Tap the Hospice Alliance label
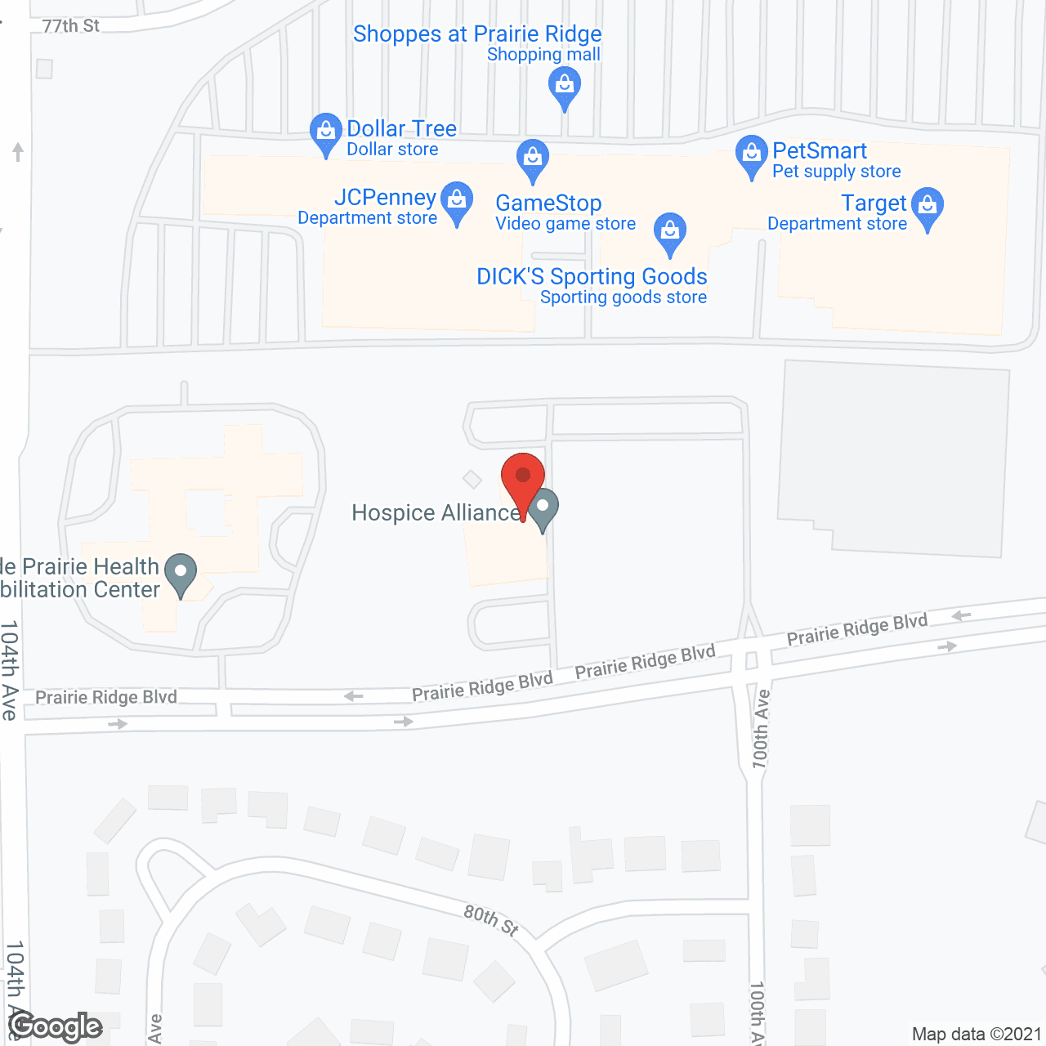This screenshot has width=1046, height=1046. click(435, 513)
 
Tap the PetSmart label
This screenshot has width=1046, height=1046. click(820, 151)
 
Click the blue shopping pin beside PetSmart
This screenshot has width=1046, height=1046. click(751, 155)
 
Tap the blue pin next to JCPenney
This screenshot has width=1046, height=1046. click(457, 202)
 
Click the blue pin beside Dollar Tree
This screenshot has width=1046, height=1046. click(325, 132)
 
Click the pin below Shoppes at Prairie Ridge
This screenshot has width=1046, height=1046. click(564, 87)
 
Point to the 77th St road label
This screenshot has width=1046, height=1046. click(70, 26)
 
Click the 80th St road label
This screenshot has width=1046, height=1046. click(491, 920)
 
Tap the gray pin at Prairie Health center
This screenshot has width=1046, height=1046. click(181, 574)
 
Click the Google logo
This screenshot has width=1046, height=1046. click(56, 1026)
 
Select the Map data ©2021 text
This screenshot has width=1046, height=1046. click(977, 1035)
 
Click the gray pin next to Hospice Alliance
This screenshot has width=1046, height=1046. click(543, 508)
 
